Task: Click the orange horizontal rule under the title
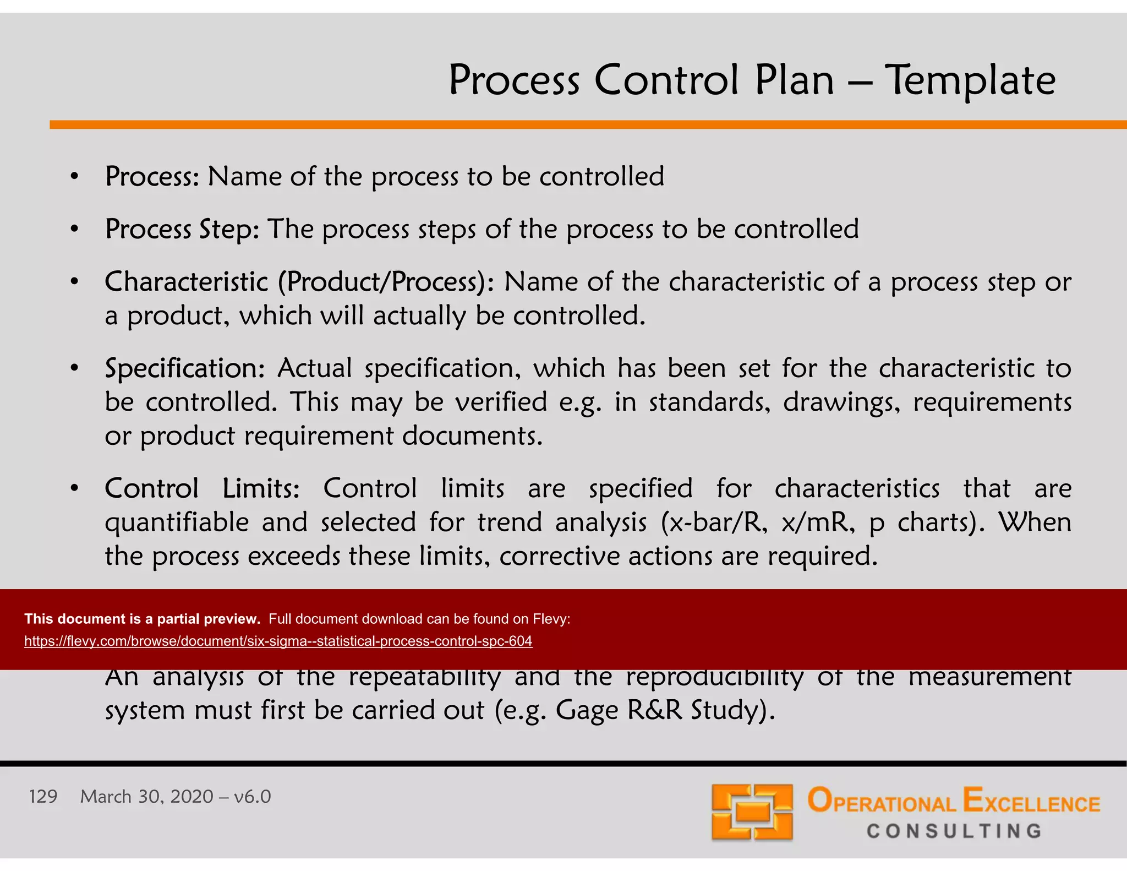coord(588,125)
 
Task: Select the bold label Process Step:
coord(182,229)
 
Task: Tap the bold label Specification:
coord(185,368)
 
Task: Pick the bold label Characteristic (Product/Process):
coord(299,282)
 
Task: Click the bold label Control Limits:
coord(202,488)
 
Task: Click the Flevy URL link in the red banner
coord(278,641)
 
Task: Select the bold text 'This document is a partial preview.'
coord(142,619)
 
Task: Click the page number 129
coord(43,797)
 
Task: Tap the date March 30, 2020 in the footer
coord(146,797)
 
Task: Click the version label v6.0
coord(252,797)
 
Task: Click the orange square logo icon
coord(752,812)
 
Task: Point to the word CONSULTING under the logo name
coord(954,831)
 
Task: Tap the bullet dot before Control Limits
coord(75,488)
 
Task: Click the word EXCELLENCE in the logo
coord(1031,801)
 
